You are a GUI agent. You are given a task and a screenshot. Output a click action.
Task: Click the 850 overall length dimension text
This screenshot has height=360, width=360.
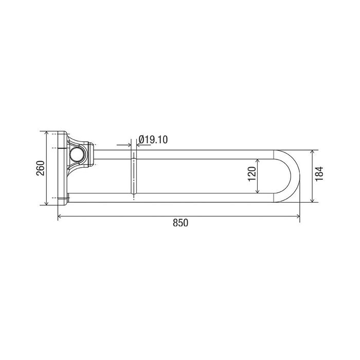[x=181, y=223]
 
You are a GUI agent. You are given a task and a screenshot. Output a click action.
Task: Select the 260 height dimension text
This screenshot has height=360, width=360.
[x=41, y=168]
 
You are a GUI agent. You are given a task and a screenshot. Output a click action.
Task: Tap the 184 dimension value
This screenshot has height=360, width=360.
[x=319, y=174]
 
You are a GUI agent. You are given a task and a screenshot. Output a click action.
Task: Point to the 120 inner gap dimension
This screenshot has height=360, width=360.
[x=252, y=174]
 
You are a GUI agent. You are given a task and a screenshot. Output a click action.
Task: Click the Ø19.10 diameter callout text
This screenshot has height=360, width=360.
[x=153, y=139]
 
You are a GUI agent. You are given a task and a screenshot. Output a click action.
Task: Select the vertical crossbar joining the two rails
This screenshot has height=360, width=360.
[x=134, y=175]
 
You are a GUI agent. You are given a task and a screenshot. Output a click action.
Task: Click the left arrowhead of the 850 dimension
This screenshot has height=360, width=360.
[x=59, y=216]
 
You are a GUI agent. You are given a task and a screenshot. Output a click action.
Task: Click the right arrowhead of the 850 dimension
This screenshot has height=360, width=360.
[x=298, y=216]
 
